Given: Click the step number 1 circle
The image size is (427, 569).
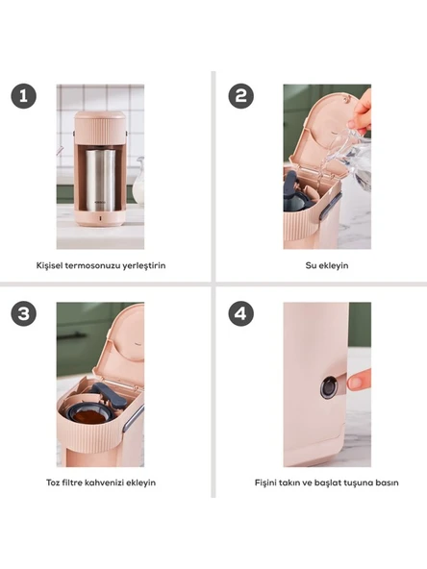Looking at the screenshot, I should (x=24, y=96).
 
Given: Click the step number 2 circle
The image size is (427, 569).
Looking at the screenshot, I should (x=240, y=96).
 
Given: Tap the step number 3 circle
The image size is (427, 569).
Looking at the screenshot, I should (x=24, y=313).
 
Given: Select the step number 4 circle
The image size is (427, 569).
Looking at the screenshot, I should (x=240, y=313).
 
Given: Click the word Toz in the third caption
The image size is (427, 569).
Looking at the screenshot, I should (x=53, y=482).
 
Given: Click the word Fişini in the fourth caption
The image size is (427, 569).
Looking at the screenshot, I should (x=267, y=482).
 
